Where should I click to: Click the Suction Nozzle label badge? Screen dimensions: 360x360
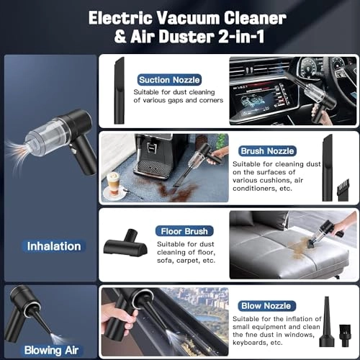pos(169,80)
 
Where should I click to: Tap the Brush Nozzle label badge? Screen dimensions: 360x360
pos(267,151)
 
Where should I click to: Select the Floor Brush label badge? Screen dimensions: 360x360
pos(184,231)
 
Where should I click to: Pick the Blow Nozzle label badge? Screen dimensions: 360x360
pos(266,306)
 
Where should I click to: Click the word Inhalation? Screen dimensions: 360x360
pos(54,246)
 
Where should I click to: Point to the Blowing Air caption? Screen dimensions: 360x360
pos(51,350)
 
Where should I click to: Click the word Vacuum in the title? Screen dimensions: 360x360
pos(188,18)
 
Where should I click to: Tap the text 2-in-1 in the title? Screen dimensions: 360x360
pos(241,37)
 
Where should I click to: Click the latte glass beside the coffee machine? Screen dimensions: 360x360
pos(113,184)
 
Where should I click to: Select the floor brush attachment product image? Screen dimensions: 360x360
pos(126,243)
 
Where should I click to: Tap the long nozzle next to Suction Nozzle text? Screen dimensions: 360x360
pos(120,91)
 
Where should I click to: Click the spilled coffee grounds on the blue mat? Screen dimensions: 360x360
pos(179,192)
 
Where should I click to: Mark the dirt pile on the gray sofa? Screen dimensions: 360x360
pos(300,248)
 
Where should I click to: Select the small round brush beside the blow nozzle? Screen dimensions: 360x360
pos(345,332)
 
